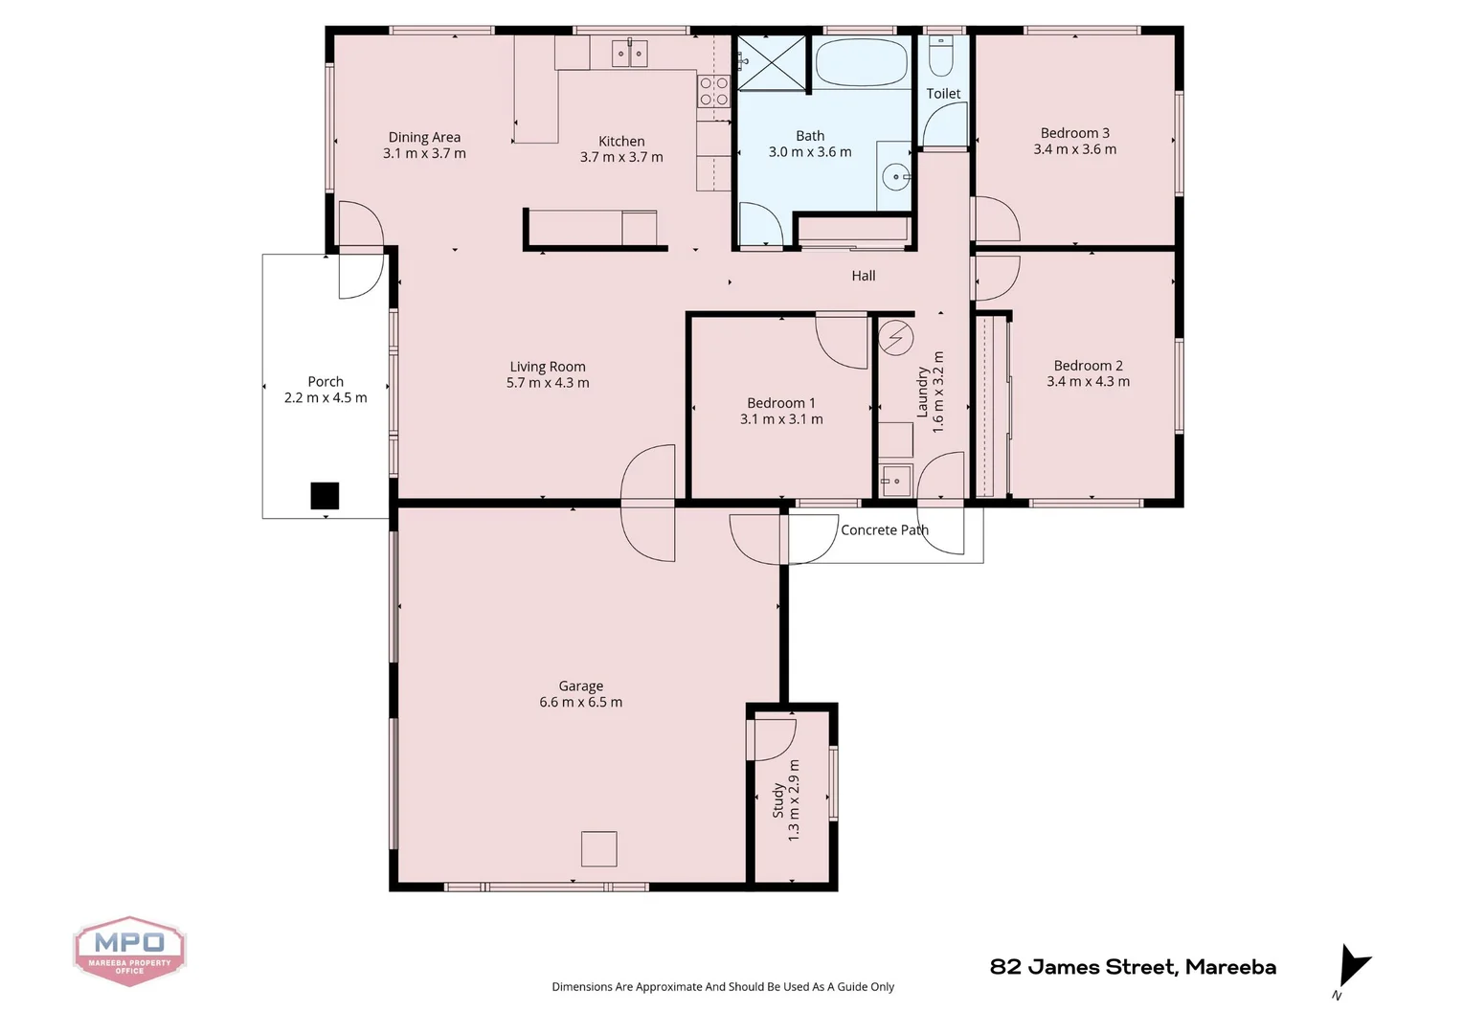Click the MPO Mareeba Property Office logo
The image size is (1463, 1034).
point(129,950)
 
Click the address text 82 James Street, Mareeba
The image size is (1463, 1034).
point(1133,967)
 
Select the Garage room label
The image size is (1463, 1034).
point(581,686)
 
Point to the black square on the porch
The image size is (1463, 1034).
point(325,495)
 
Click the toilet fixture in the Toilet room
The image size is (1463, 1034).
point(941,56)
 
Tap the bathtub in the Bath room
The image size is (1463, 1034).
point(860,63)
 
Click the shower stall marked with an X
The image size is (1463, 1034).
point(772,63)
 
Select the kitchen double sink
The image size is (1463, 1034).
point(631,54)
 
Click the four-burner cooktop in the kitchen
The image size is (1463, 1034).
point(714,91)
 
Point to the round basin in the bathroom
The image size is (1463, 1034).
point(897,177)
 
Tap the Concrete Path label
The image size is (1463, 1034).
point(884,530)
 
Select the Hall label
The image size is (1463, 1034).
point(864,276)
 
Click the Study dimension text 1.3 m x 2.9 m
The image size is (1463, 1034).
point(794,800)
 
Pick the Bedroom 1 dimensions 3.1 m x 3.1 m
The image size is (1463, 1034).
point(781,419)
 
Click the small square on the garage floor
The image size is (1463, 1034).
point(599,849)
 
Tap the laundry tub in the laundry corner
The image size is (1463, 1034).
point(895,480)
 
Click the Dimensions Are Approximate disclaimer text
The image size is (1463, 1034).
point(723,987)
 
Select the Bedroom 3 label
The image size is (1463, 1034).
point(1074,133)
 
